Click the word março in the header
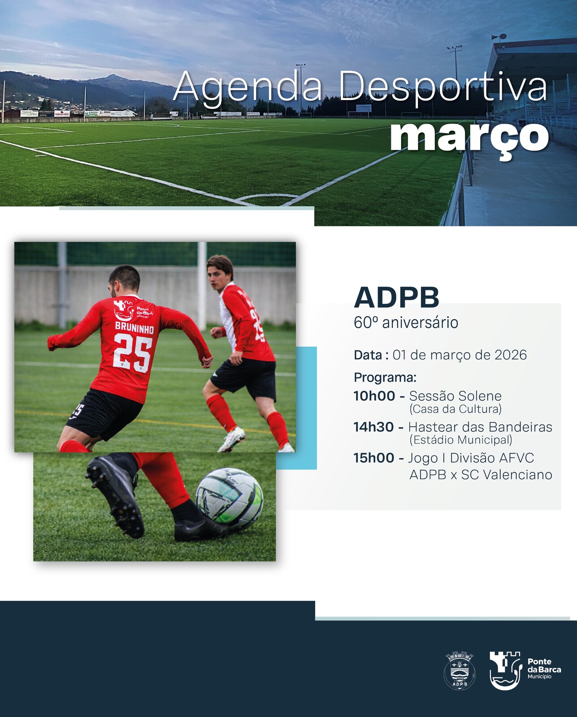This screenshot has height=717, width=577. pyautogui.click(x=470, y=140)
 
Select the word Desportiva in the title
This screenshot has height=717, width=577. pyautogui.click(x=443, y=87)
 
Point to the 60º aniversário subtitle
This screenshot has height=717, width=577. pyautogui.click(x=406, y=323)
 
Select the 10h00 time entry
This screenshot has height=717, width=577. pyautogui.click(x=374, y=396)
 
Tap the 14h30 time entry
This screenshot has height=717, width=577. pyautogui.click(x=373, y=427)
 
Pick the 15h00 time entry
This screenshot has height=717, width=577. pyautogui.click(x=374, y=458)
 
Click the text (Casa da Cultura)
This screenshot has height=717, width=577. pyautogui.click(x=456, y=409)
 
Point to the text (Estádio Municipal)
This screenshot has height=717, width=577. pyautogui.click(x=461, y=440)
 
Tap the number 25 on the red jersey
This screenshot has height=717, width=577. pyautogui.click(x=134, y=354)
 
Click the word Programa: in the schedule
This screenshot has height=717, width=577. pyautogui.click(x=385, y=378)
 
